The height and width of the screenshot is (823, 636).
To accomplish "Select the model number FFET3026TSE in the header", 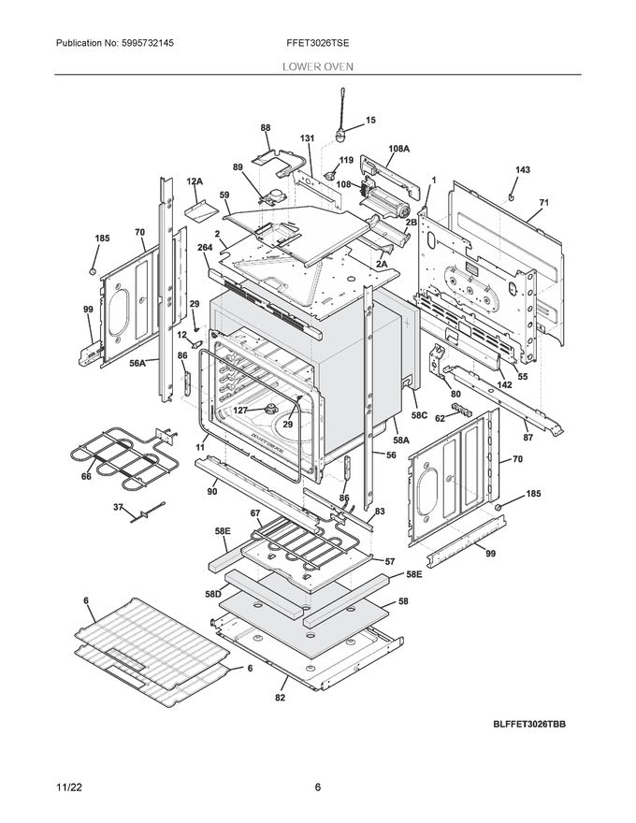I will pyautogui.click(x=317, y=44).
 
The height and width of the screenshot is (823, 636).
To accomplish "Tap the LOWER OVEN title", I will pyautogui.click(x=317, y=66).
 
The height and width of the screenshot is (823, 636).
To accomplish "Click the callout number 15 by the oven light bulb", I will pyautogui.click(x=370, y=121).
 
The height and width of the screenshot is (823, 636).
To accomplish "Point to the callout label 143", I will pyautogui.click(x=523, y=170).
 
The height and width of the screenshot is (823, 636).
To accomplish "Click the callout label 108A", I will pyautogui.click(x=399, y=149).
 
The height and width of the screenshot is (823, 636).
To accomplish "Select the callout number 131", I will pyautogui.click(x=307, y=139).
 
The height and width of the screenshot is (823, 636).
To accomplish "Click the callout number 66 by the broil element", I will pyautogui.click(x=86, y=477).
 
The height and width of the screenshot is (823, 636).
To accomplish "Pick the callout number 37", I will pyautogui.click(x=118, y=506).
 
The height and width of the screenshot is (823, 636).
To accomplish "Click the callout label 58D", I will pyautogui.click(x=212, y=594).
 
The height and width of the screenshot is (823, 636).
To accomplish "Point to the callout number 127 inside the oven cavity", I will pyautogui.click(x=240, y=410).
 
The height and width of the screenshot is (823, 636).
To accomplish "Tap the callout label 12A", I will pyautogui.click(x=195, y=180).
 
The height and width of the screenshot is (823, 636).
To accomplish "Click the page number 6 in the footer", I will pyautogui.click(x=317, y=787).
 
